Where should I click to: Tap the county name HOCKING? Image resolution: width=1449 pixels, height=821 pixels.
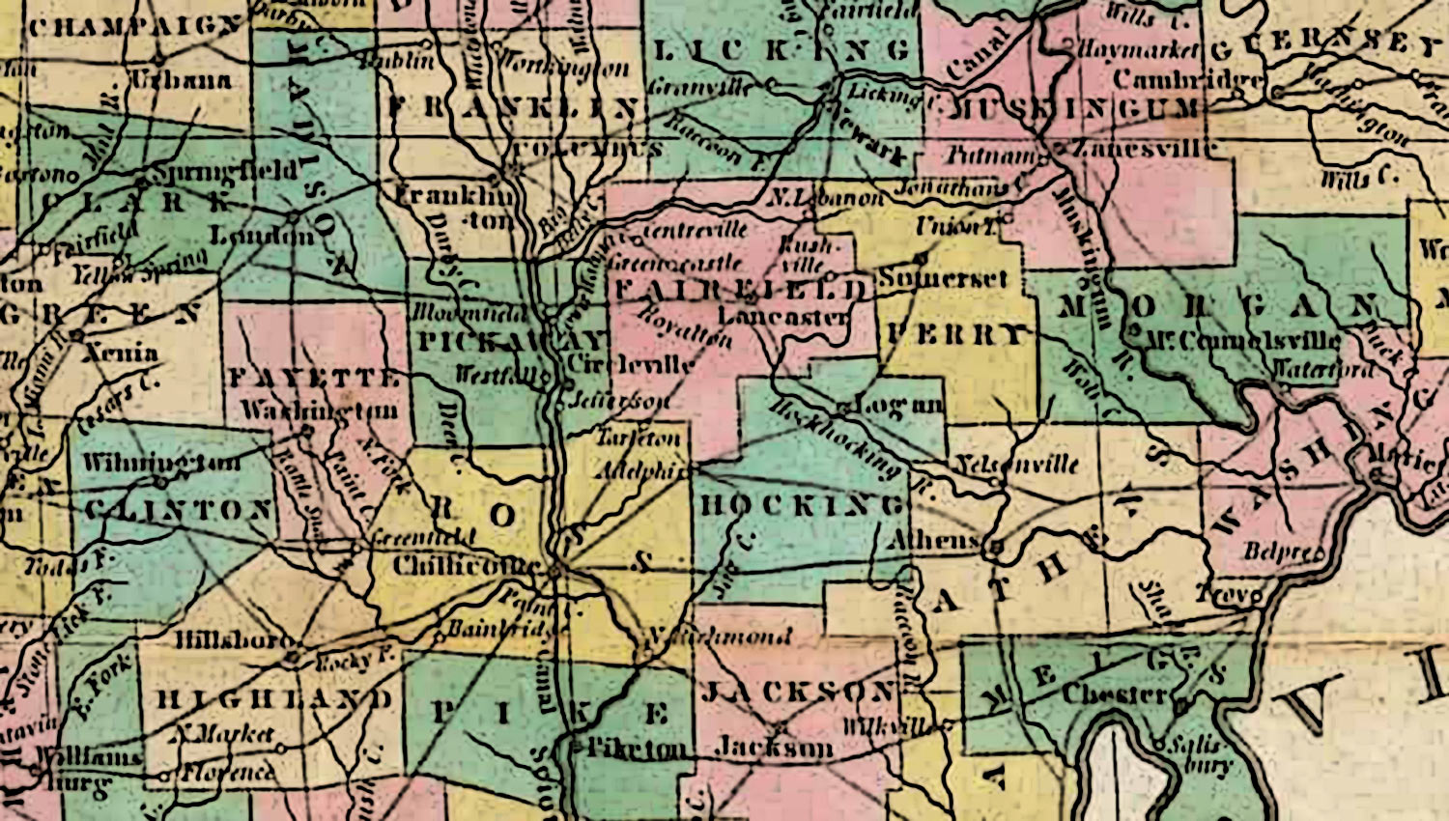tap(801, 506)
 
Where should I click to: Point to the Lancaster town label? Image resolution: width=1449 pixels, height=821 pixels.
tap(784, 317)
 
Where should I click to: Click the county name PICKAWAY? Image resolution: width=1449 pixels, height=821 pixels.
tap(511, 341)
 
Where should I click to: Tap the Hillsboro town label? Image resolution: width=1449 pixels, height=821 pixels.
tap(234, 641)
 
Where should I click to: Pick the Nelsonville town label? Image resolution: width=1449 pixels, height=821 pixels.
tap(1016, 464)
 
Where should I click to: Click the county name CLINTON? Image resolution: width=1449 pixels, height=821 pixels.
tap(178, 510)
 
